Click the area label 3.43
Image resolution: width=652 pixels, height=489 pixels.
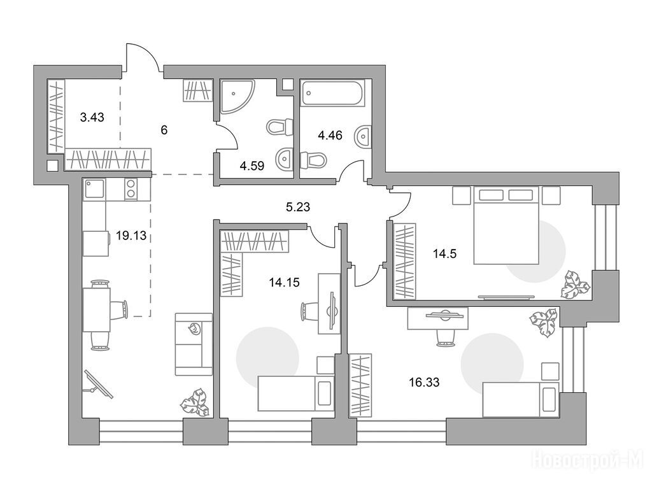point(92,117)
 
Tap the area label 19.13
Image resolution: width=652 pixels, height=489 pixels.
point(131,236)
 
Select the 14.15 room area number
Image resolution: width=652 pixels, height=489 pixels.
point(284,283)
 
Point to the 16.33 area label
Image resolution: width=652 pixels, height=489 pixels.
point(424,382)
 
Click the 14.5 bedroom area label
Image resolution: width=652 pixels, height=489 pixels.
point(444,253)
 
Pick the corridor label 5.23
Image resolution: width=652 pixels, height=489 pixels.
point(298,207)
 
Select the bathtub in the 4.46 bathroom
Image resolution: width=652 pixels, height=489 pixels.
point(332,93)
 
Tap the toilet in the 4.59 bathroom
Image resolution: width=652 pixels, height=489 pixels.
point(280,127)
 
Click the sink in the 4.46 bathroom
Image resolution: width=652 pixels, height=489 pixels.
point(362,136)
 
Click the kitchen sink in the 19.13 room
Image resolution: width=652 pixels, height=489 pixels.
point(94,189)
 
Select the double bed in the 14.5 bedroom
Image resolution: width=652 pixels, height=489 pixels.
point(506,225)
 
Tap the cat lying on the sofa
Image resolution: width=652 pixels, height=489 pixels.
point(194,329)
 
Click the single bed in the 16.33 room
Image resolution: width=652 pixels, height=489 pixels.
point(521,400)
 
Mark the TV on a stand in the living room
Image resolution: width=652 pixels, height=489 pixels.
point(99,385)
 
